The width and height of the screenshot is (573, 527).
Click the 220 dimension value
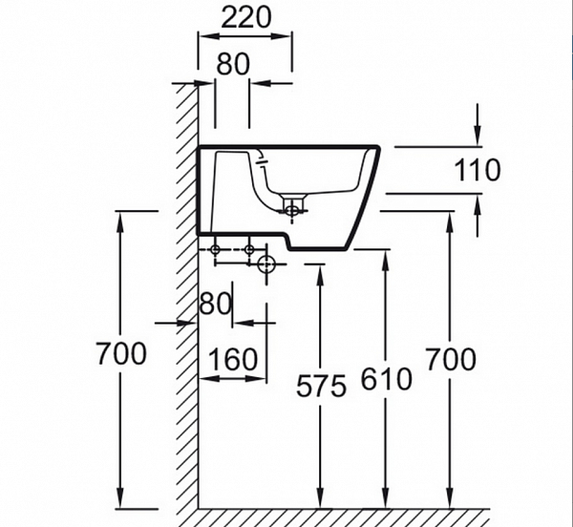tap(245, 16)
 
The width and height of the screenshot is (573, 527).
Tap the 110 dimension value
tap(477, 170)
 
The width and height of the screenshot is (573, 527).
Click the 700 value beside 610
tap(450, 359)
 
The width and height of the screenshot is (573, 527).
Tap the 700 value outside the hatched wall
tap(121, 353)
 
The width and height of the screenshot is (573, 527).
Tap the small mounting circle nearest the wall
tap(215, 250)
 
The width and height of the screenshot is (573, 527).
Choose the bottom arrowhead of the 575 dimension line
tap(320, 499)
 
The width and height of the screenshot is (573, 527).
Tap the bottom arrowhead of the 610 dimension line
tap(386, 499)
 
